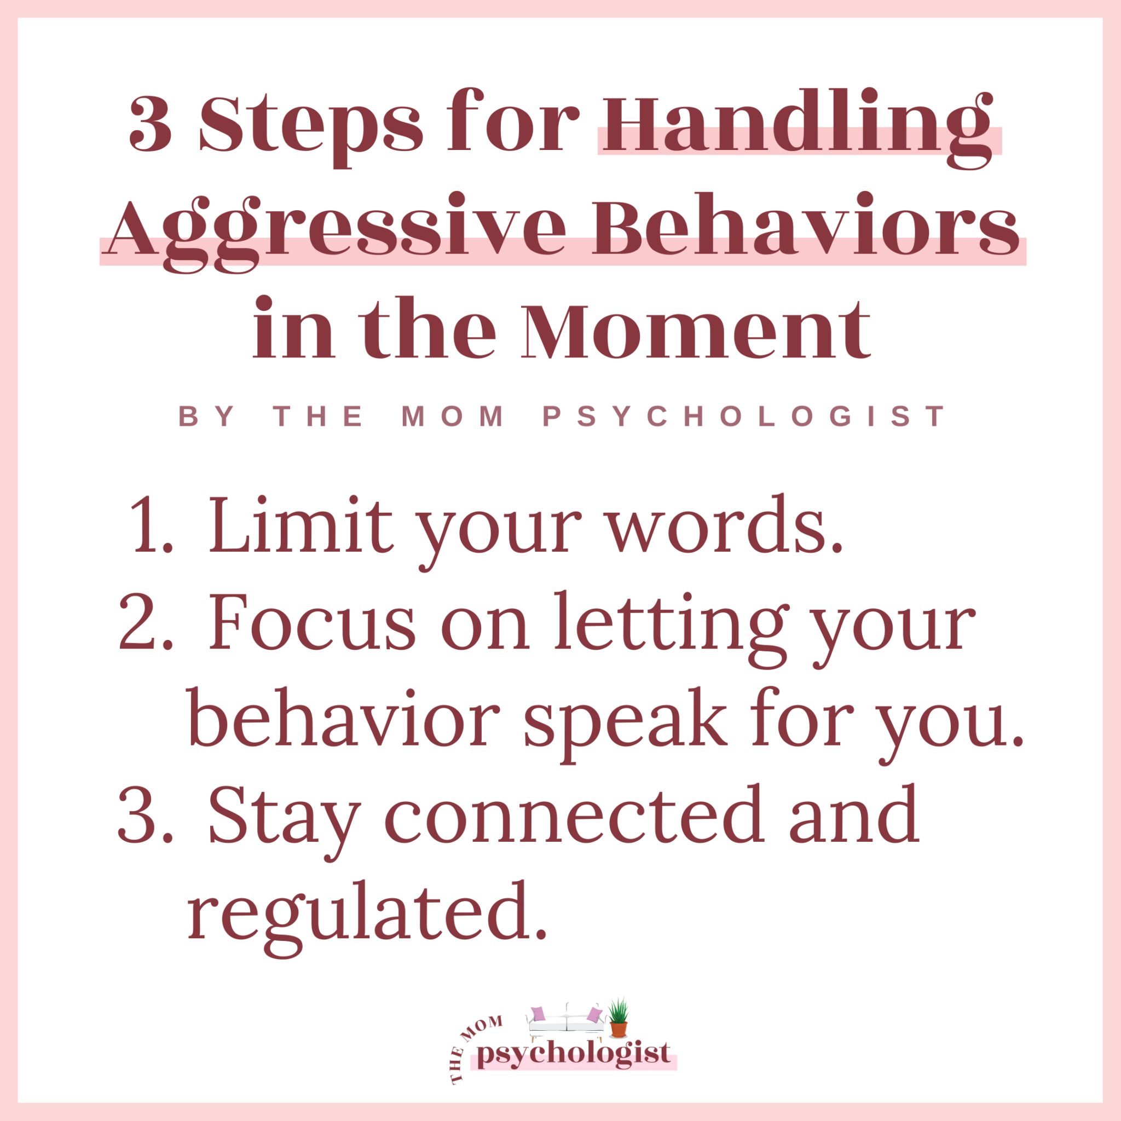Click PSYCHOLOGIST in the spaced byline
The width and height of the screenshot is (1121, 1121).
tap(744, 417)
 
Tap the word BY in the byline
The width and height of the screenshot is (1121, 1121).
tap(206, 417)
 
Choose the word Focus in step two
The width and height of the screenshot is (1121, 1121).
tap(311, 622)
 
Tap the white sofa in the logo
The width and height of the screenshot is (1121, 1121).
tap(566, 1026)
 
